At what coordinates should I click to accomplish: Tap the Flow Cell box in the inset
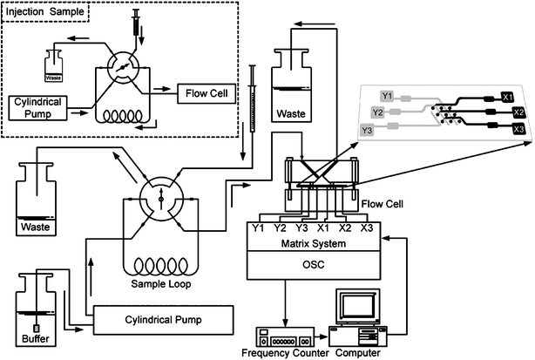(x=207, y=92)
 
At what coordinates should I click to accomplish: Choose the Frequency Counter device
(x=283, y=335)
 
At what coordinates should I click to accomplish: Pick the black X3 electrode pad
(x=518, y=129)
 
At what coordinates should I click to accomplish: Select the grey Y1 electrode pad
(x=389, y=94)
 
